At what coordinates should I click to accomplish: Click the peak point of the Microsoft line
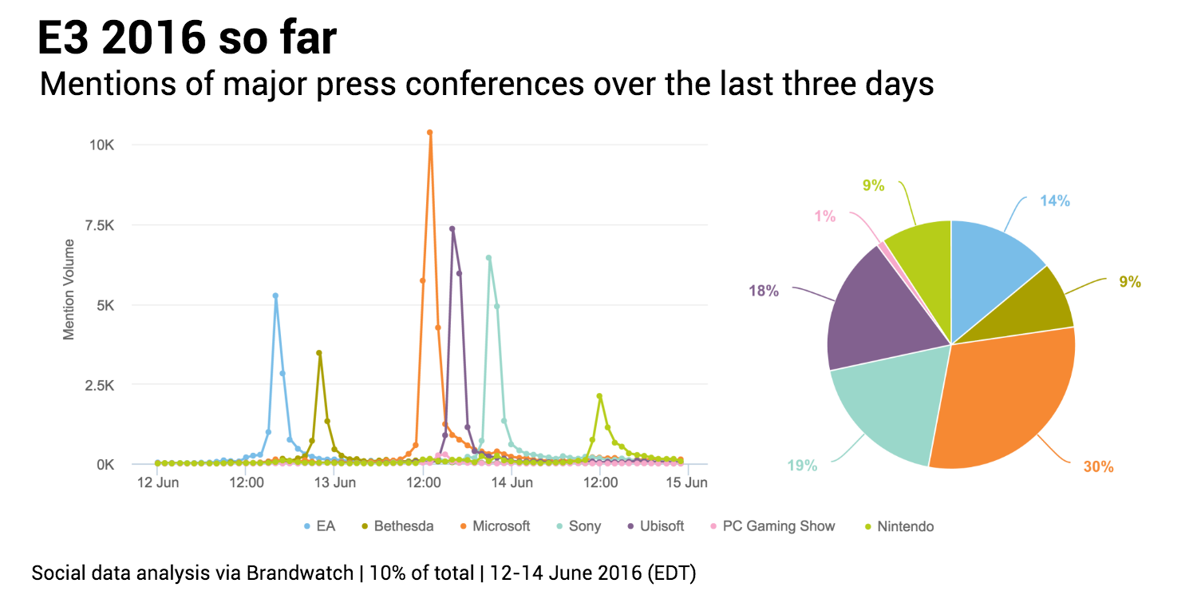tap(429, 133)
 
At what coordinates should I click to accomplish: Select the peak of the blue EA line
tap(275, 296)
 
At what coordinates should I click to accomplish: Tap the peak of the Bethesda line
tap(319, 353)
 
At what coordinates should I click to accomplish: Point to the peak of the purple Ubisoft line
tap(452, 228)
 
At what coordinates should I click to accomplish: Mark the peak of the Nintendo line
tap(599, 396)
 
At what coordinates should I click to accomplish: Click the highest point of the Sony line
tap(488, 258)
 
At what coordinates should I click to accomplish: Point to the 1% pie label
tap(824, 216)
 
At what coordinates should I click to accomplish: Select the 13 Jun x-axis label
tap(334, 483)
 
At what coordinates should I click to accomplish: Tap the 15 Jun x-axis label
tap(687, 483)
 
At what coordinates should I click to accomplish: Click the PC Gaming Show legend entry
tap(778, 526)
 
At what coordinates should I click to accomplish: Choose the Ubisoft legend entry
tap(662, 526)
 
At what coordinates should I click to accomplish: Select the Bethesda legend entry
tap(403, 526)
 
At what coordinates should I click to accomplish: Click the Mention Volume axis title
tap(69, 289)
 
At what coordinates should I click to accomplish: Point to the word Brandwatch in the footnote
tap(300, 573)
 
